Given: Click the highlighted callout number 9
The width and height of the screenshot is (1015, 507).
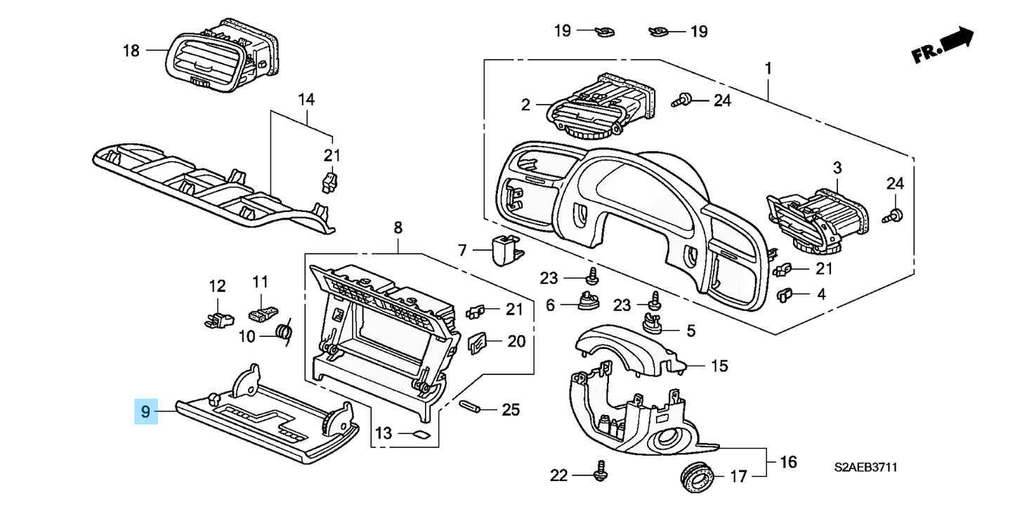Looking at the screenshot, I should pyautogui.click(x=145, y=411).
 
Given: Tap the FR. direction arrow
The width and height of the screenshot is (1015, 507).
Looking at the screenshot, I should pyautogui.click(x=943, y=46).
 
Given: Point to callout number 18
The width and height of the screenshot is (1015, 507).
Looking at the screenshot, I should pyautogui.click(x=131, y=51).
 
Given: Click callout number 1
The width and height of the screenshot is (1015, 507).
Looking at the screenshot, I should pyautogui.click(x=768, y=69).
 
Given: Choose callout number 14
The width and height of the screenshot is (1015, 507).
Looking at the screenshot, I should pyautogui.click(x=305, y=99).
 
